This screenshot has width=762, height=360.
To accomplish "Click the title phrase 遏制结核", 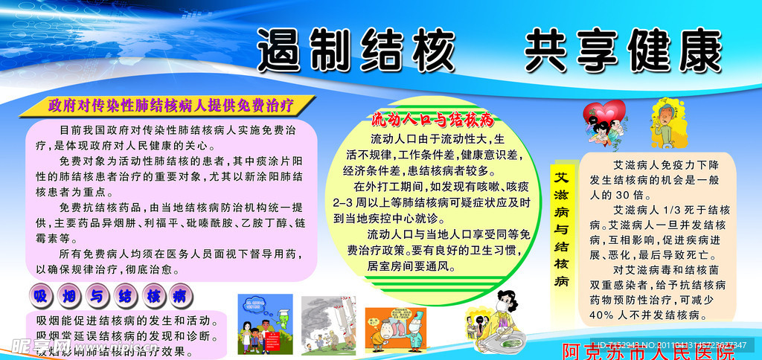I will [x=355, y=51].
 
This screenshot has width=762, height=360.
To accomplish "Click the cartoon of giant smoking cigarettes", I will [x=329, y=324].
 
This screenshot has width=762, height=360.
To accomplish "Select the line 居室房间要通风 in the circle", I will [x=416, y=265].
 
